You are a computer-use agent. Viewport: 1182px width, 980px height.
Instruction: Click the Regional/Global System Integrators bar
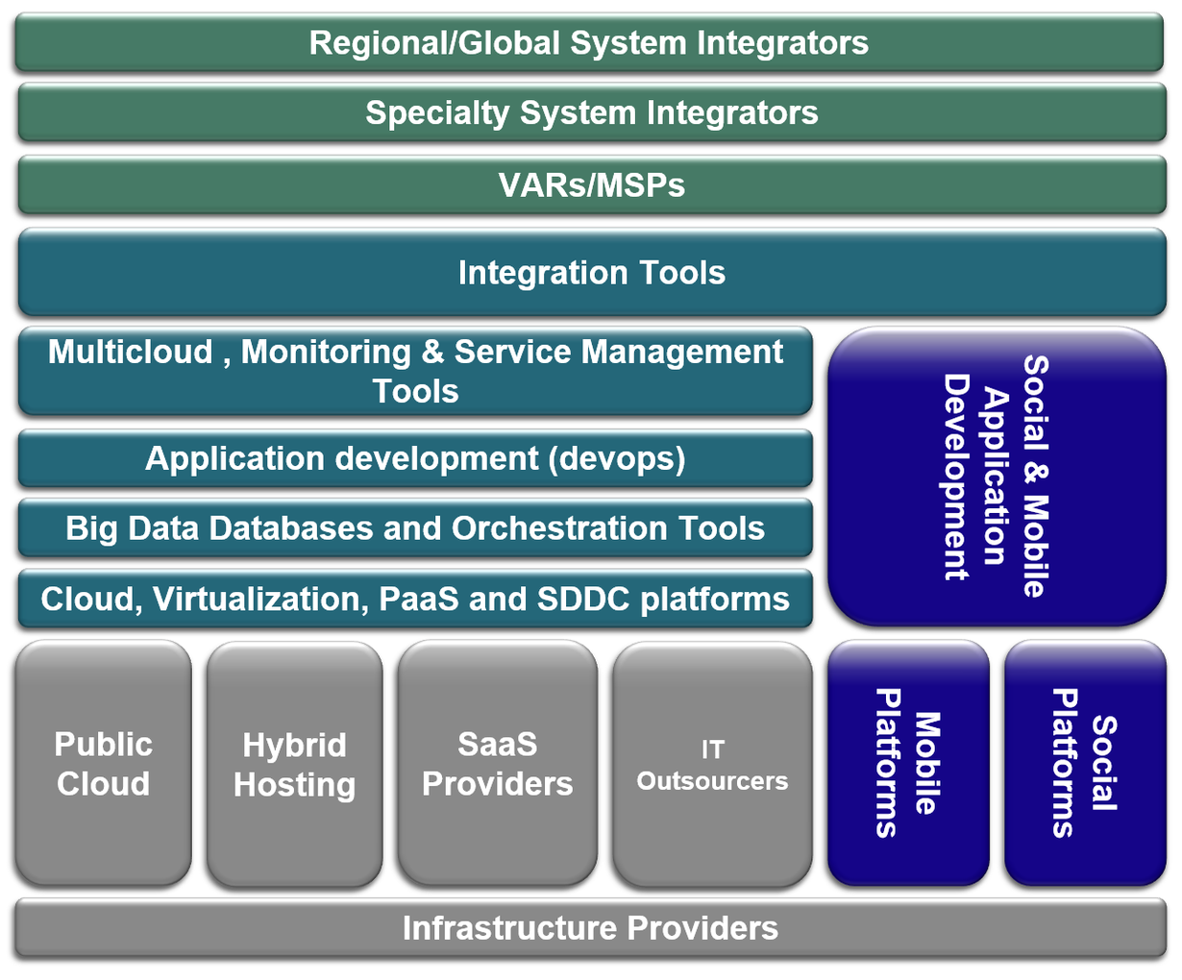click(589, 42)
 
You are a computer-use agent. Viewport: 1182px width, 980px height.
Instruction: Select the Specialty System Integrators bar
click(592, 112)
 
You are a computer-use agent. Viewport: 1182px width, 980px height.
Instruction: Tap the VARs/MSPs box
click(592, 184)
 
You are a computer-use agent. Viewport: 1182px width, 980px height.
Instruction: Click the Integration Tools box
click(592, 272)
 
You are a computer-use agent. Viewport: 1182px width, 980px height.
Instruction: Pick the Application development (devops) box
click(415, 458)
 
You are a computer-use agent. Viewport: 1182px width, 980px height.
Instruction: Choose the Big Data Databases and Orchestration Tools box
click(415, 527)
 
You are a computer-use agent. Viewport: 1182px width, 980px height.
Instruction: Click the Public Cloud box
click(103, 763)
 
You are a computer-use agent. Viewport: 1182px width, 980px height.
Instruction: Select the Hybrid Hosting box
click(294, 764)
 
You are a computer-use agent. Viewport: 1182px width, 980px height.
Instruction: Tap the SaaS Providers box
click(497, 763)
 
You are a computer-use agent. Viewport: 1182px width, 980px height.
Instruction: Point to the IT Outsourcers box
click(712, 764)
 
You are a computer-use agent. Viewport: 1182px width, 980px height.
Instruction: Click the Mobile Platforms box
click(908, 763)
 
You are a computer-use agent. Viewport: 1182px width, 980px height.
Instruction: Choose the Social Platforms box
click(1085, 763)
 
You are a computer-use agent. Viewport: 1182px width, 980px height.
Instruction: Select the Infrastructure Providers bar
click(590, 928)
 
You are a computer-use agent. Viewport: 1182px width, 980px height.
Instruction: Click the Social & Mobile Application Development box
click(997, 477)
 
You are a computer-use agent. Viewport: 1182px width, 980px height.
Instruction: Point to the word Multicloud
click(130, 352)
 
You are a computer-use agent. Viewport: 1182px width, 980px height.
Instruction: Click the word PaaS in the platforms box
click(418, 599)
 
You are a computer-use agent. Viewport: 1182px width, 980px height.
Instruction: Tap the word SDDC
click(583, 599)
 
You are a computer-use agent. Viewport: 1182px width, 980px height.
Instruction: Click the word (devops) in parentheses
click(617, 459)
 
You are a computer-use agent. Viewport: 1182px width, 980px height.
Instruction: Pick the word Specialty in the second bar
click(437, 113)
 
